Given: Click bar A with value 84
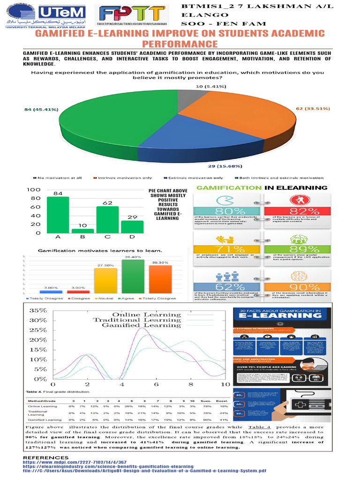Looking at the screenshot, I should [x=58, y=215].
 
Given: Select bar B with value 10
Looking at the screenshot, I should [x=82, y=231].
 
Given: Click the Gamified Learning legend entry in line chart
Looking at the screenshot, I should [x=141, y=325].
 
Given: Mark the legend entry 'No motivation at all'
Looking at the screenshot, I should [x=59, y=178].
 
